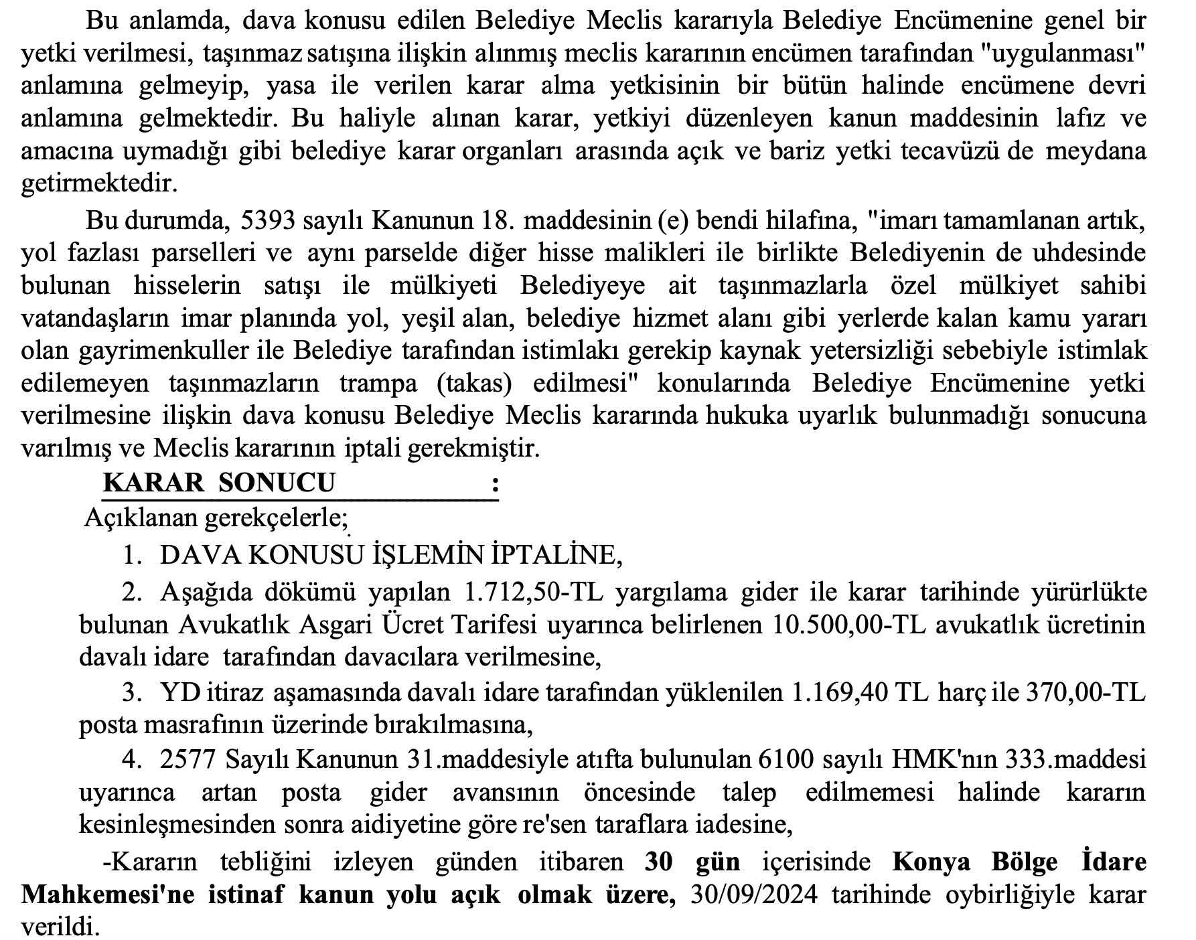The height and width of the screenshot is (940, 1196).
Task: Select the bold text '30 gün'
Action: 692,862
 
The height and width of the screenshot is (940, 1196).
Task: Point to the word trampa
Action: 378,384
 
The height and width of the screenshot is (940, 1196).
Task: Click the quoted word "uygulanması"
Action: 1062,54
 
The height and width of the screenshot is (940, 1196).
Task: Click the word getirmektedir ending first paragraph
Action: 100,184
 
